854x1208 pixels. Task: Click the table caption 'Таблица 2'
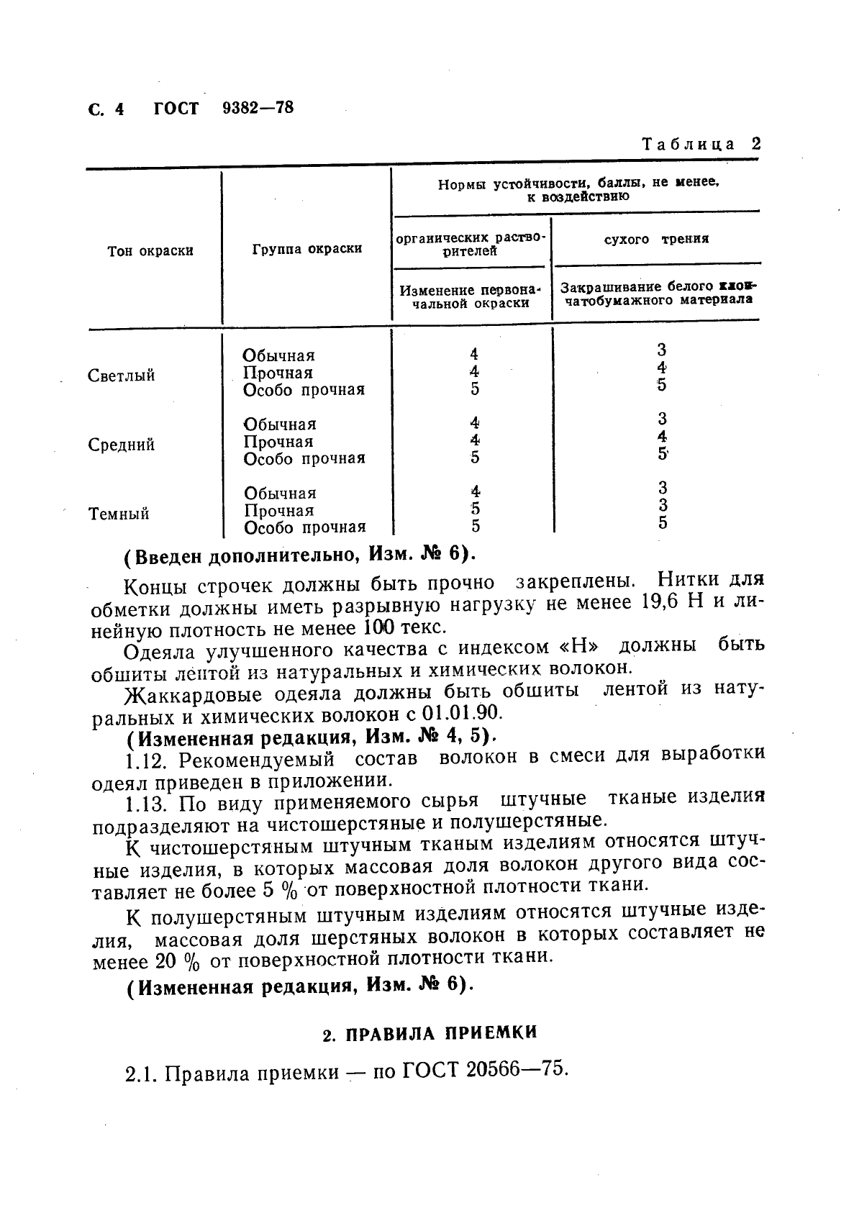coord(701,144)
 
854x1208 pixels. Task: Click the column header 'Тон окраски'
coord(150,251)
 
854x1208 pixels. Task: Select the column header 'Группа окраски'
coord(307,249)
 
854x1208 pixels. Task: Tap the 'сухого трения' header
coord(656,239)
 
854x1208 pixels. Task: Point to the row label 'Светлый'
coord(121,376)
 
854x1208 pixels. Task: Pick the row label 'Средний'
coord(121,445)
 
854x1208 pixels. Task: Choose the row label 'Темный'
coord(119,514)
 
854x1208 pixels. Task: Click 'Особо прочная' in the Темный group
coord(304,528)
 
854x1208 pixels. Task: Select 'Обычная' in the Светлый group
coord(278,355)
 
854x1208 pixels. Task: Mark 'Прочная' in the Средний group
coord(278,442)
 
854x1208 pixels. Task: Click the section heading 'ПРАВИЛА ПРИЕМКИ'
coord(441,1034)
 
